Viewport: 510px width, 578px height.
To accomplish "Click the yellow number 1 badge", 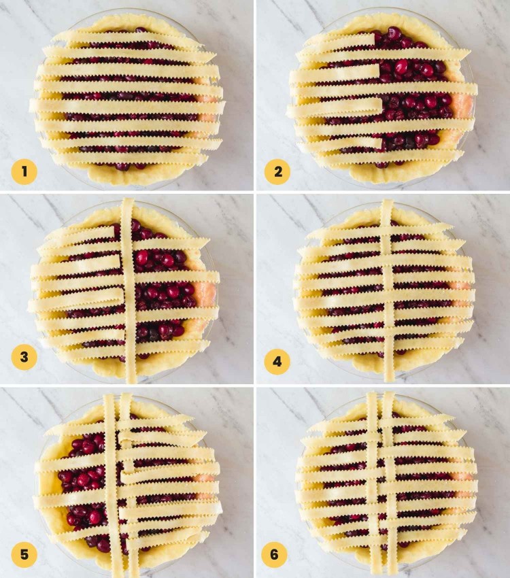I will click(x=24, y=171).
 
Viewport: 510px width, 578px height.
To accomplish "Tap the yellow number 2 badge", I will click(x=277, y=171).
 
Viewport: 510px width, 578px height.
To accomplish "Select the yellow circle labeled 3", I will click(x=24, y=358).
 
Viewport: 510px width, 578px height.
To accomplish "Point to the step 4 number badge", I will click(x=277, y=361).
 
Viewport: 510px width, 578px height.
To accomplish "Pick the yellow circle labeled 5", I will click(x=24, y=555).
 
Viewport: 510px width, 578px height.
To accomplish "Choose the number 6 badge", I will click(x=274, y=555).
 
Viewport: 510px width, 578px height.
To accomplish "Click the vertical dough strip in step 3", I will click(x=128, y=292).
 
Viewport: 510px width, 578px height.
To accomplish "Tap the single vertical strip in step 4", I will click(x=388, y=292).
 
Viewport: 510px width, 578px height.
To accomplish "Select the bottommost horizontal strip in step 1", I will click(x=129, y=158).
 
